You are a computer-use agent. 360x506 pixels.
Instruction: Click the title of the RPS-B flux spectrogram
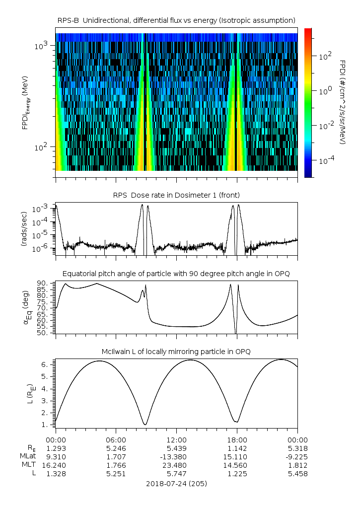point(177,20)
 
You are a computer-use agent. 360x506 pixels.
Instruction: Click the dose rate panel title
point(177,195)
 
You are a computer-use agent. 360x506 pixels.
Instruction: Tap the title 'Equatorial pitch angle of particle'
point(177,274)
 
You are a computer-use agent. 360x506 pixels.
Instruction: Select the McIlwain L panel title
point(177,352)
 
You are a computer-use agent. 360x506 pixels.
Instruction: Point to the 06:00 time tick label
point(116,440)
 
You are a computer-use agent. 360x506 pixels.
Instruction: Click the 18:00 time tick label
point(237,440)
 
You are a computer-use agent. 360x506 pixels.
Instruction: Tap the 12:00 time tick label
point(177,440)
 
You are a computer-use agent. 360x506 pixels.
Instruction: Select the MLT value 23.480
point(177,465)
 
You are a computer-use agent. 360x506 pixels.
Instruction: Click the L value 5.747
point(177,474)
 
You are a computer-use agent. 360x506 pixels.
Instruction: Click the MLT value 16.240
point(56,465)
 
